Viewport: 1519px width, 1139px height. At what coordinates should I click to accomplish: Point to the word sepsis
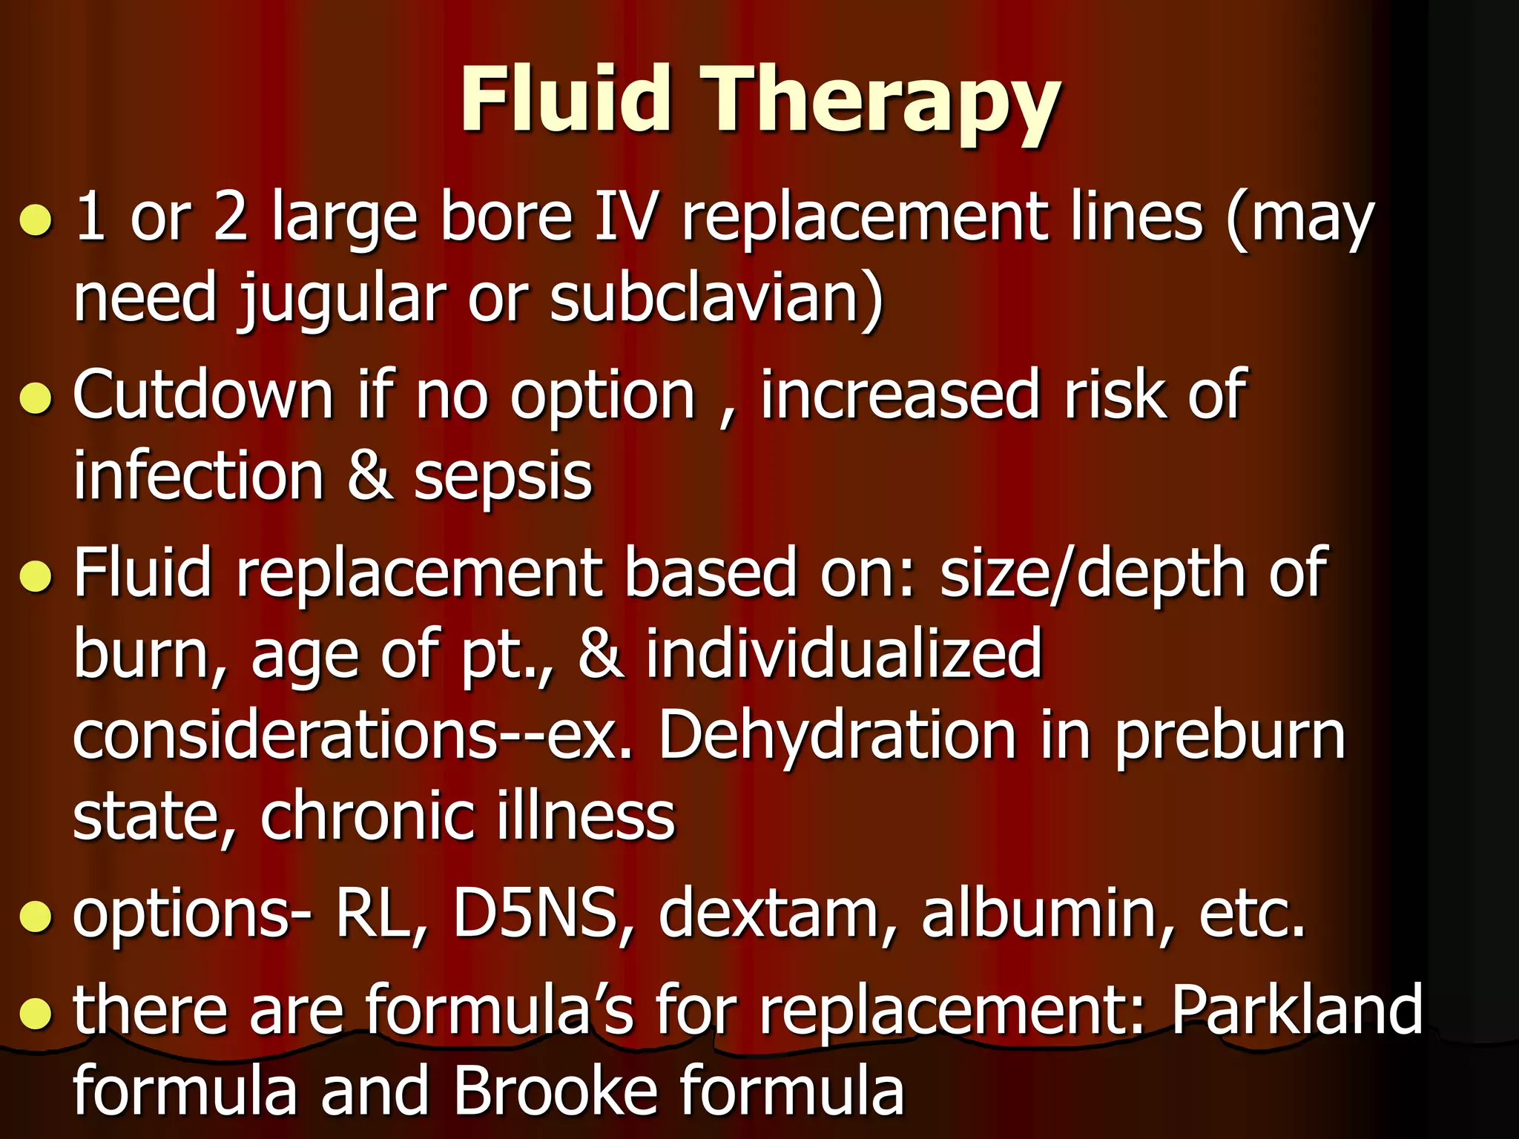click(x=503, y=478)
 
